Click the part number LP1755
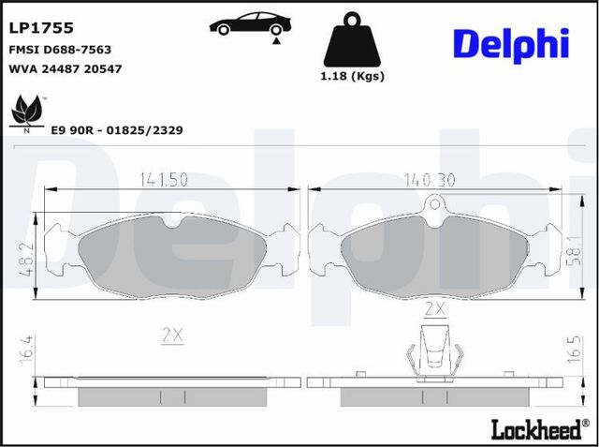[41, 28]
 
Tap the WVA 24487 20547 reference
[66, 68]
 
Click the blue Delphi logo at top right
[511, 42]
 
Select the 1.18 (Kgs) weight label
[353, 76]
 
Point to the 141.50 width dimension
[166, 178]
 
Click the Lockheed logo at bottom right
[534, 429]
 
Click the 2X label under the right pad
[434, 307]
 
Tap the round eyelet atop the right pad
[433, 206]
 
